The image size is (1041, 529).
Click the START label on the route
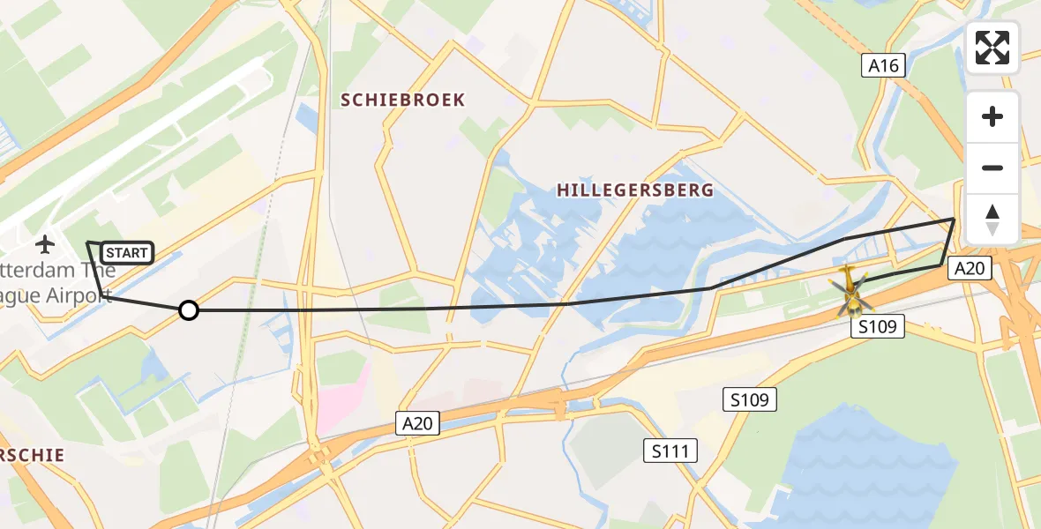(127, 253)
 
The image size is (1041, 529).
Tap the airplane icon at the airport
(44, 243)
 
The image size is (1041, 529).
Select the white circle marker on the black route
(188, 309)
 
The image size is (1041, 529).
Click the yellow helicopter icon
(850, 289)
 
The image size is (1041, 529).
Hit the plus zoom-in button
(992, 116)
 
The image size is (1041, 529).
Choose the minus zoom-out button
(992, 168)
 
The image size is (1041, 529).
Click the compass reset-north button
(992, 219)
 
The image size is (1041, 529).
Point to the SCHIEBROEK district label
(403, 100)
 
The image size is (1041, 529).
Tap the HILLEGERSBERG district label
(635, 190)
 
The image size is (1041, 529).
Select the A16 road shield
(882, 65)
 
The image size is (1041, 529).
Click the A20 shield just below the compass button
(969, 269)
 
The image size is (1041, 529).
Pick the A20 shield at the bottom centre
(416, 424)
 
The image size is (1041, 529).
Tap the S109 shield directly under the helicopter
(878, 327)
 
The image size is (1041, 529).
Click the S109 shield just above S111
(749, 399)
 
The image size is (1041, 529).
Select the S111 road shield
(670, 451)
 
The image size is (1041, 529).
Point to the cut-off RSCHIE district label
(33, 455)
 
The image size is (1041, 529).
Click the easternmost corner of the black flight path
(955, 219)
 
